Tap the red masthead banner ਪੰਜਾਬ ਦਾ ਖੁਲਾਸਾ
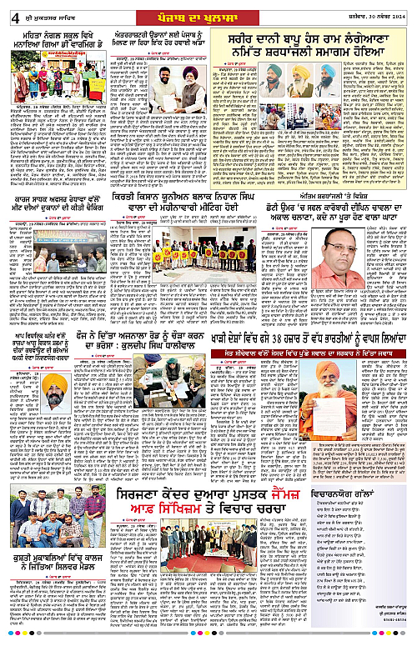[x=205, y=13]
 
